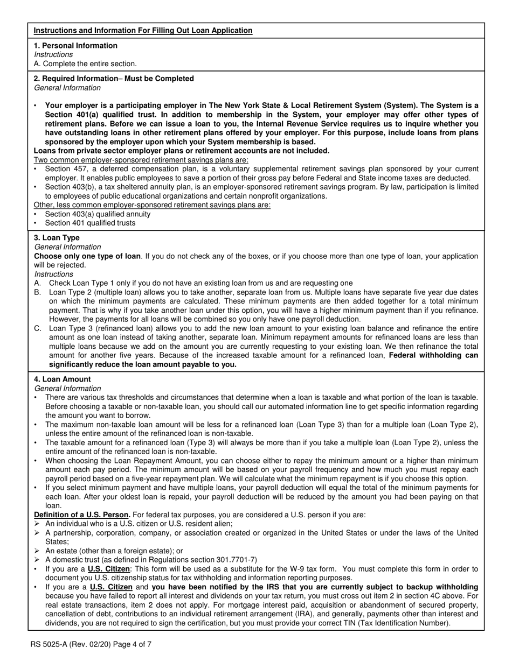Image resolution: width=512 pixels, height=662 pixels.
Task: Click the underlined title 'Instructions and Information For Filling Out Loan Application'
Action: pyautogui.click(x=143, y=31)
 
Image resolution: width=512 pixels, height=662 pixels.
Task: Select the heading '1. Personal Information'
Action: pyautogui.click(x=75, y=46)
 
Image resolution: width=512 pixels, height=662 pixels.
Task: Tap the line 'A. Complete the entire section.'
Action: pyautogui.click(x=85, y=64)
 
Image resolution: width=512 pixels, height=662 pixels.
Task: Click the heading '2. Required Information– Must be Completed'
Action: pyautogui.click(x=114, y=79)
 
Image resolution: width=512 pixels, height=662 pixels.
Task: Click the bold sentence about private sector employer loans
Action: pyautogui.click(x=182, y=151)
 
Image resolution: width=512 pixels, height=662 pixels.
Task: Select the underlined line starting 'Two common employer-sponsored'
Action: pyautogui.click(x=141, y=160)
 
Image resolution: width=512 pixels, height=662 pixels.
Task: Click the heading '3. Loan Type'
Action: pyautogui.click(x=57, y=238)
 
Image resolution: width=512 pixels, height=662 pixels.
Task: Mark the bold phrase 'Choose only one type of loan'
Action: pyautogui.click(x=87, y=256)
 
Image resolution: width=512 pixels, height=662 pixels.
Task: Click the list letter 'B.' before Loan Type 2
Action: pyautogui.click(x=38, y=292)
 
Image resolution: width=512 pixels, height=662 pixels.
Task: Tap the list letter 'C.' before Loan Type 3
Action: pyautogui.click(x=38, y=328)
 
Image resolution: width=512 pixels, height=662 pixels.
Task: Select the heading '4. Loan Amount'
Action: pyautogui.click(x=62, y=379)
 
